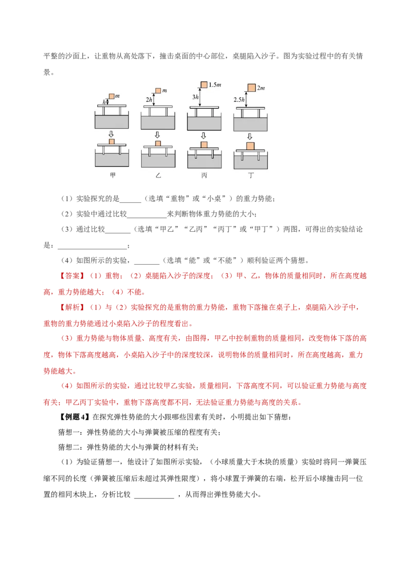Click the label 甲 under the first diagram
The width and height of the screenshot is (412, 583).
pyautogui.click(x=113, y=175)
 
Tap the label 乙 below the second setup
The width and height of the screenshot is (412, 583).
pyautogui.click(x=158, y=175)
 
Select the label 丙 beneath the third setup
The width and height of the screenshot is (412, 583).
pyautogui.click(x=204, y=175)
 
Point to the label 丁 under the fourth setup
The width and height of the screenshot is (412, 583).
pyautogui.click(x=251, y=175)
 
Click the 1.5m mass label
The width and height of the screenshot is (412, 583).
pyautogui.click(x=215, y=85)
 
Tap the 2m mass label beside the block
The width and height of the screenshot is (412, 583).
pyautogui.click(x=261, y=88)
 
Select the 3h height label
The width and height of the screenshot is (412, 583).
pyautogui.click(x=195, y=97)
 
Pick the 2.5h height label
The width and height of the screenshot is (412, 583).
pyautogui.click(x=239, y=99)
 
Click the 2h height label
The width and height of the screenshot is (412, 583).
pyautogui.click(x=149, y=99)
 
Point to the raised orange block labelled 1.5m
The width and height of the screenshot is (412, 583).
pyautogui.click(x=204, y=85)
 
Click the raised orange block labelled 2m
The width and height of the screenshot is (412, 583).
pyautogui.click(x=251, y=88)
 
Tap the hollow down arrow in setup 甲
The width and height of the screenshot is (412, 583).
pyautogui.click(x=111, y=134)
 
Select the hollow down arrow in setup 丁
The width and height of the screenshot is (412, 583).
pyautogui.click(x=250, y=136)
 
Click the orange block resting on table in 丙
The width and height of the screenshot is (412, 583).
pyautogui.click(x=204, y=145)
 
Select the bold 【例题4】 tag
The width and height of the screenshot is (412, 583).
pyautogui.click(x=74, y=417)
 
